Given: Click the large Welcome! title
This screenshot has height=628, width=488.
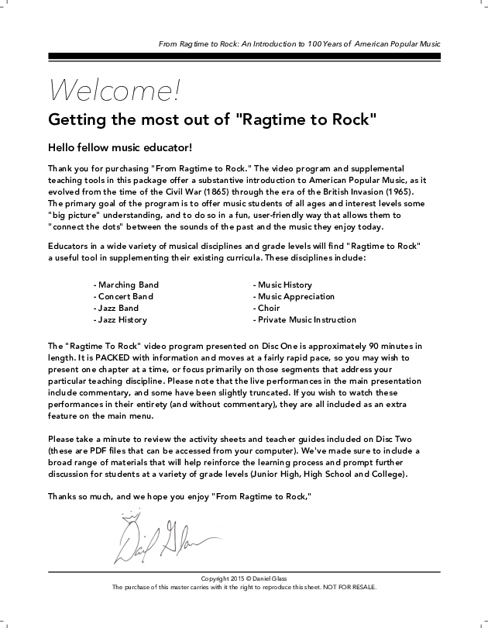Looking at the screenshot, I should pos(114,90).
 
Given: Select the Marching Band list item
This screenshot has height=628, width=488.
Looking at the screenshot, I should pos(126,285).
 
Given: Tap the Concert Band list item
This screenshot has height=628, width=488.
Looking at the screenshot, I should pos(123,296).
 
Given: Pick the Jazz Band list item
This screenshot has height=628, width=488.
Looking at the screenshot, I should pos(116,308).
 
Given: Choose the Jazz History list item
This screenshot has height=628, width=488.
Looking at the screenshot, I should pos(120,319).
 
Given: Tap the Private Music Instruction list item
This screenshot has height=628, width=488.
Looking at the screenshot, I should pos(304,319).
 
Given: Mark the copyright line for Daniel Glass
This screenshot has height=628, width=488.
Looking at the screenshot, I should pos(244,578).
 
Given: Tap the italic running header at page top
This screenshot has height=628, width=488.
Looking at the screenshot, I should pos(299,43).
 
